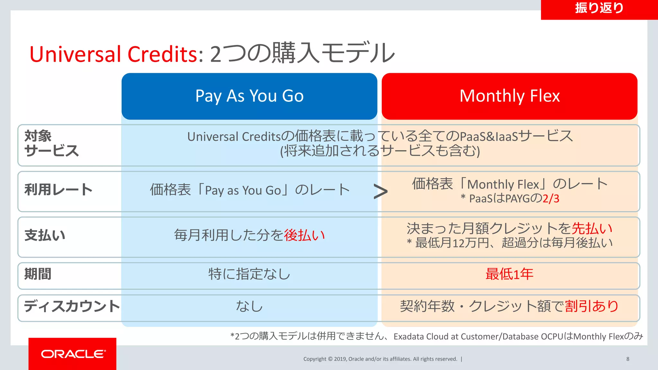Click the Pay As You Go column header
pyautogui.click(x=249, y=96)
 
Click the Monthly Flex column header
pyautogui.click(x=509, y=96)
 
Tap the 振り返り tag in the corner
pyautogui.click(x=599, y=8)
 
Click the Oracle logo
pyautogui.click(x=73, y=354)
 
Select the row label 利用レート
pyautogui.click(x=58, y=189)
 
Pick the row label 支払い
pyautogui.click(x=45, y=235)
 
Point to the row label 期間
pyautogui.click(x=38, y=274)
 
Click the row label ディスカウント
pyautogui.click(x=71, y=306)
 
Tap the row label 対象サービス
pyautogui.click(x=51, y=144)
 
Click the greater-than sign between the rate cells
pyautogui.click(x=380, y=192)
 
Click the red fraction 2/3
pyautogui.click(x=551, y=199)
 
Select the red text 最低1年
pyautogui.click(x=509, y=274)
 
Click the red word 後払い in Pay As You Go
pyautogui.click(x=304, y=235)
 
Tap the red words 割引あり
pyautogui.click(x=592, y=306)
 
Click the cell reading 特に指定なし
pyautogui.click(x=249, y=274)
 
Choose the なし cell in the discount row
pyautogui.click(x=249, y=306)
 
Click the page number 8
pyautogui.click(x=627, y=359)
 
